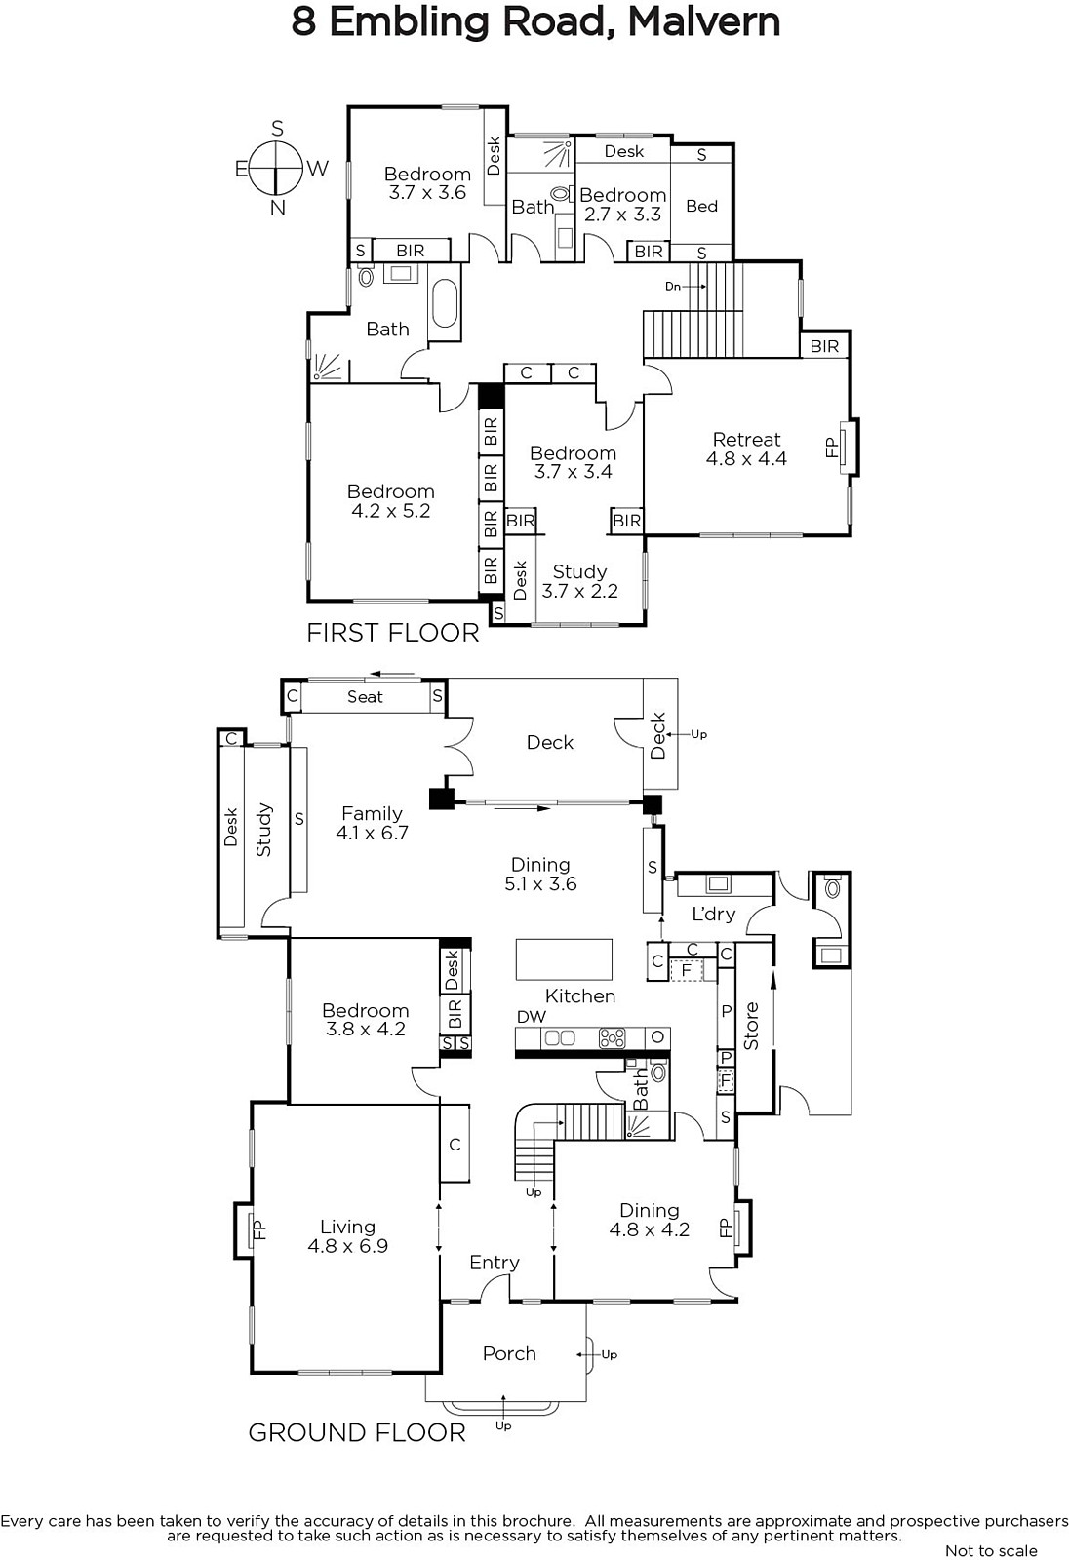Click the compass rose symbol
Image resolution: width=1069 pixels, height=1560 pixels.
[277, 168]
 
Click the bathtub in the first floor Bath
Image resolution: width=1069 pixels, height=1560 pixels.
[444, 311]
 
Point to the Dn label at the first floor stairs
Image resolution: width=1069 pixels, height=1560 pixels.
[672, 287]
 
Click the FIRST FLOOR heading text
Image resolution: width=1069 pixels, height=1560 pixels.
[393, 633]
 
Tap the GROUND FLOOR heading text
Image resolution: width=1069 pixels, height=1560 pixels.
[357, 1432]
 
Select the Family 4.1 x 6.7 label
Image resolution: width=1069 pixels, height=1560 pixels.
[373, 823]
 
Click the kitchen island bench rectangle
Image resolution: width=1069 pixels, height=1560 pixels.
[564, 959]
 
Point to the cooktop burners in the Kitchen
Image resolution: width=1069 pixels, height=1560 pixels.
[613, 1038]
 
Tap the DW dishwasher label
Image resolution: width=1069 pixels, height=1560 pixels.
[532, 1017]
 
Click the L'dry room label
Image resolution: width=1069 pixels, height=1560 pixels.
[714, 915]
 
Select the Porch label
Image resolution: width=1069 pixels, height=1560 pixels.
[509, 1354]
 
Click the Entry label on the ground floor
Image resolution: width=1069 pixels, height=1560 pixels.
[495, 1263]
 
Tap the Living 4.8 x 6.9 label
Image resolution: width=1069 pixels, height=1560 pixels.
[348, 1236]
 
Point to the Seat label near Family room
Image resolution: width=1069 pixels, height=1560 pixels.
[365, 697]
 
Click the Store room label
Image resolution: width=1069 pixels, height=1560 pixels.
[751, 1026]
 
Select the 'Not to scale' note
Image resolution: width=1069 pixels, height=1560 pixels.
[991, 1550]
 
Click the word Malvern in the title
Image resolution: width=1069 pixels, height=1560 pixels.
[704, 22]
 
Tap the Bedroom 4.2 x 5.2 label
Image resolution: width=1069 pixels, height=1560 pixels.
[391, 501]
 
